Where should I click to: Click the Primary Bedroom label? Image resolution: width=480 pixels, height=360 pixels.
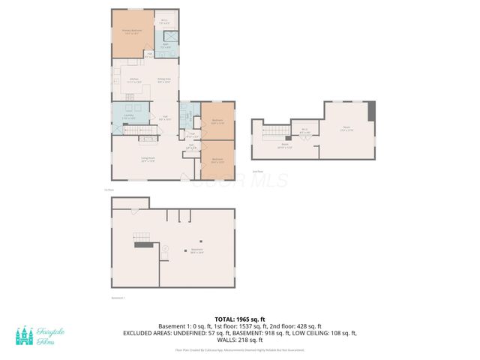point(132,31)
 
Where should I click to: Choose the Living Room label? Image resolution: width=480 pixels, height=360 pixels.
point(148,159)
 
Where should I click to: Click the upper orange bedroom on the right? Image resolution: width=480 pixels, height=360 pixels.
point(217,121)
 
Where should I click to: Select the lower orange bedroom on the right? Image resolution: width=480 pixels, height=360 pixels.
point(217,160)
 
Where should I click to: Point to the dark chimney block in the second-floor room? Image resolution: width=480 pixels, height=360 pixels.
point(372,110)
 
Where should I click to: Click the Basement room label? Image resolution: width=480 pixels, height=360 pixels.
point(197,250)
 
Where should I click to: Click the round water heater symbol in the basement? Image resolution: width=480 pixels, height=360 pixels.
point(166,250)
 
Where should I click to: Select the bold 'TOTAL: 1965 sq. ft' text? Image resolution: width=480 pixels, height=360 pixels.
point(241,319)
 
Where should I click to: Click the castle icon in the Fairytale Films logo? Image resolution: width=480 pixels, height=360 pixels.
point(25,336)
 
